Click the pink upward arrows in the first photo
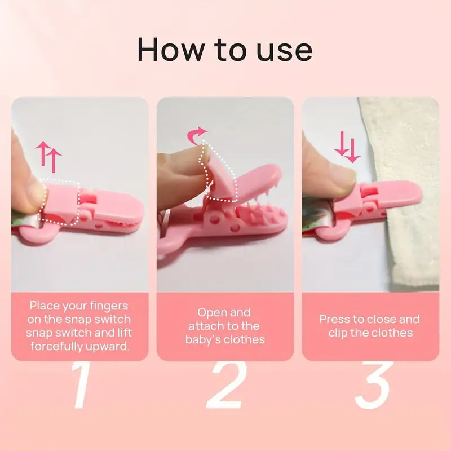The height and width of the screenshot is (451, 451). pyautogui.click(x=48, y=156)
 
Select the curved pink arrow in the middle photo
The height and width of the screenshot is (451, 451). pyautogui.click(x=197, y=135)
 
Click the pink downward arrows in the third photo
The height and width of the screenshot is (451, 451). pyautogui.click(x=347, y=148)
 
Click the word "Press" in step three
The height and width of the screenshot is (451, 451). pyautogui.click(x=335, y=319)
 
